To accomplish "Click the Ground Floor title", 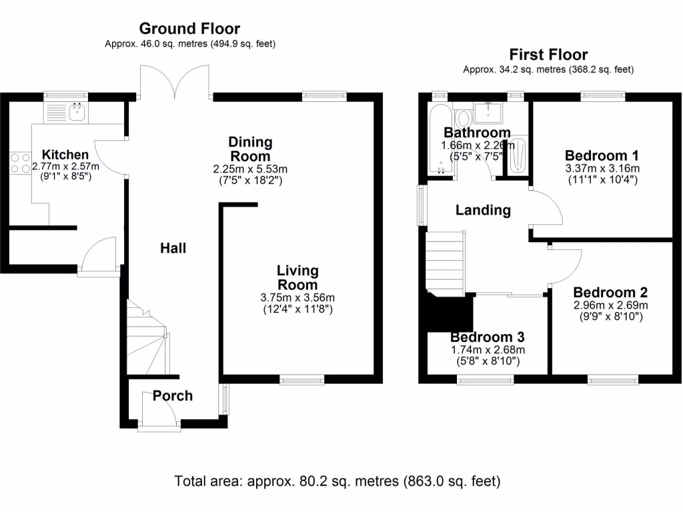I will click(x=189, y=29).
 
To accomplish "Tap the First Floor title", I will click(x=548, y=55).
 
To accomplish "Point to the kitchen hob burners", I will click(x=15, y=164).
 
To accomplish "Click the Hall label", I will click(x=173, y=249).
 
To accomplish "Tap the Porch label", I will click(x=173, y=396).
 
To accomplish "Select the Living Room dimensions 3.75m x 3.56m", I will click(x=297, y=297).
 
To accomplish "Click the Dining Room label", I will click(x=251, y=149).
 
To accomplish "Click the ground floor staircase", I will click(x=148, y=340).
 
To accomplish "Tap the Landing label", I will click(x=483, y=211).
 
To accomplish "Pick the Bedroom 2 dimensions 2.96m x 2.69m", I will click(x=610, y=306).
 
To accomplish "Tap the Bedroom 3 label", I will click(x=487, y=337).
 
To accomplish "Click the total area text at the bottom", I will click(x=337, y=481).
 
